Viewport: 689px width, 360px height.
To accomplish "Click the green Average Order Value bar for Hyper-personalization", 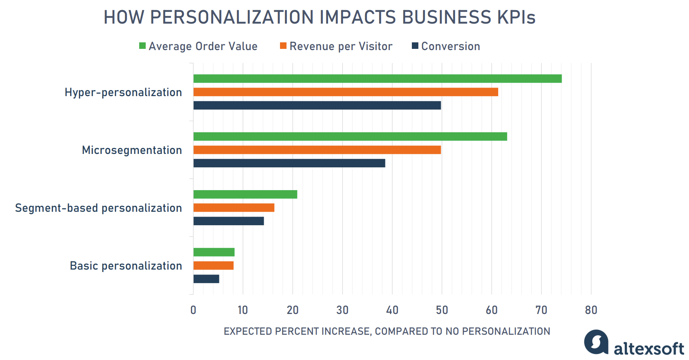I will point(377,79).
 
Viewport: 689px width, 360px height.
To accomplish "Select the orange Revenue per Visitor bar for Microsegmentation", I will point(317,150).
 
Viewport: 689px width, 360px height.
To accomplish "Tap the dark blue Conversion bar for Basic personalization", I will point(206,279).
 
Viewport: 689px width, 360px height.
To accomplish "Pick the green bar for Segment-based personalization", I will point(245,194).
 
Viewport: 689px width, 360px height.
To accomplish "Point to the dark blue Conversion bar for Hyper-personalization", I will point(317,105).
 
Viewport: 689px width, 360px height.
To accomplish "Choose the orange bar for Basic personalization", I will point(214,266).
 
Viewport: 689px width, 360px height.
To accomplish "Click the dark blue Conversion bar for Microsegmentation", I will point(289,163).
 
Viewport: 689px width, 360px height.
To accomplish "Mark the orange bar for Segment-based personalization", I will point(234,208).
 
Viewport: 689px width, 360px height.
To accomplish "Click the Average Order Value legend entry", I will point(198,46).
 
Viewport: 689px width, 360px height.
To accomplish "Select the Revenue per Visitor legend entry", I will point(336,46).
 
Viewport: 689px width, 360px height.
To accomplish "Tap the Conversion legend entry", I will point(446,46).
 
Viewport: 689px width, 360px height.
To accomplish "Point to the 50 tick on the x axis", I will point(442,310).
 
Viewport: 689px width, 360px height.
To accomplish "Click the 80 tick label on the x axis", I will point(591,310).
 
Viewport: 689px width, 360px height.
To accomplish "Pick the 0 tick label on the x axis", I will point(193,310).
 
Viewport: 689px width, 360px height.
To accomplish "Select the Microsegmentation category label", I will point(132,150).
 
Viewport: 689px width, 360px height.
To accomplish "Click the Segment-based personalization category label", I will point(98,208).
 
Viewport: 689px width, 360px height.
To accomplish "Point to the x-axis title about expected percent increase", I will point(387,331).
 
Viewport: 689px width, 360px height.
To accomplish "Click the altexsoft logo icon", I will point(596,342).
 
